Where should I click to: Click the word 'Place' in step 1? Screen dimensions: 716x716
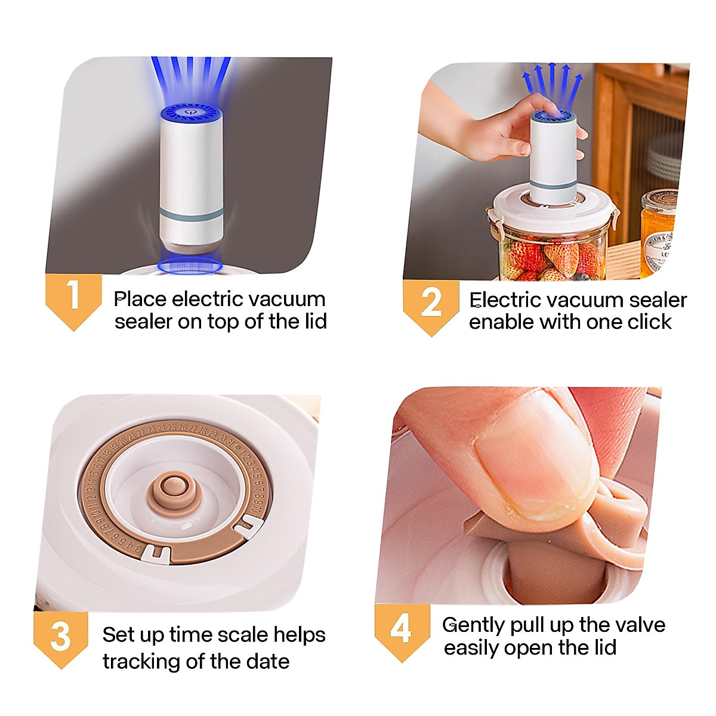click(140, 299)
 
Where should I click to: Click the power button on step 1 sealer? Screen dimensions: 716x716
click(190, 111)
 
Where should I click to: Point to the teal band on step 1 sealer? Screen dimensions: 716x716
click(192, 214)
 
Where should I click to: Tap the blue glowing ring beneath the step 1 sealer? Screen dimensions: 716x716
click(190, 266)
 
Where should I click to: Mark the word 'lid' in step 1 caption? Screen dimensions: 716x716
click(316, 321)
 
